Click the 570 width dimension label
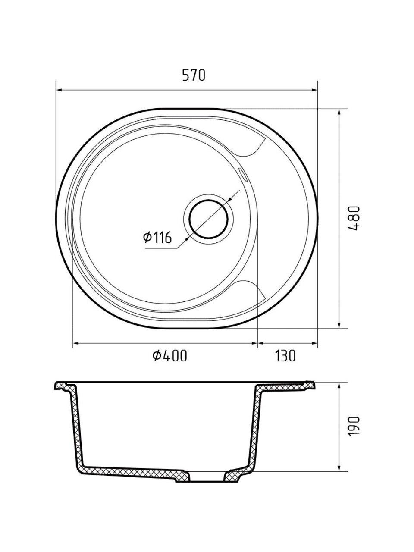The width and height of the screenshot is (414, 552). pos(194,75)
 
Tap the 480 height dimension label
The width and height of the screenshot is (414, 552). pos(354,218)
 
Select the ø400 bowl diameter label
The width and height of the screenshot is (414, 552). pos(170,356)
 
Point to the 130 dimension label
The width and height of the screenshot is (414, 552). pos(285,356)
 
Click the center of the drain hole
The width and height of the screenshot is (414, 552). pos(209,219)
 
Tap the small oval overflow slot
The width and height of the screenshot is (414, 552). pos(243,174)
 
